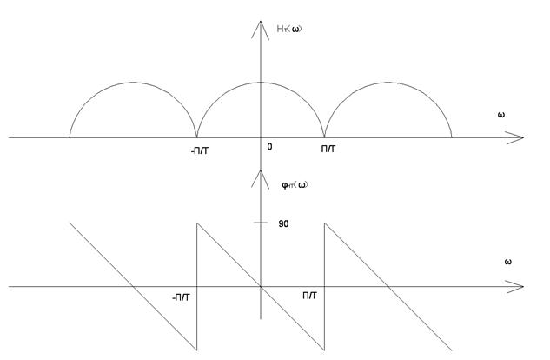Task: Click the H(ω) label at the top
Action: [288, 30]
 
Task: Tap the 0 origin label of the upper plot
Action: [269, 147]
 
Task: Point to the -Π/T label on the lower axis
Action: [181, 297]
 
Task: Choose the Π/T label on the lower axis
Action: [310, 296]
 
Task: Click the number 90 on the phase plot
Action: [283, 223]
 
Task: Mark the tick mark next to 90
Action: [261, 223]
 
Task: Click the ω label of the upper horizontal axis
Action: [502, 115]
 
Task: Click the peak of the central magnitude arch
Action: [261, 83]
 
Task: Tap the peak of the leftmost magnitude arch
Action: [133, 83]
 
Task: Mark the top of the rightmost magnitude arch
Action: [388, 83]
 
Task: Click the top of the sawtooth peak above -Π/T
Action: [197, 223]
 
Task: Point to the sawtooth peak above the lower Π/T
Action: [324, 223]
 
